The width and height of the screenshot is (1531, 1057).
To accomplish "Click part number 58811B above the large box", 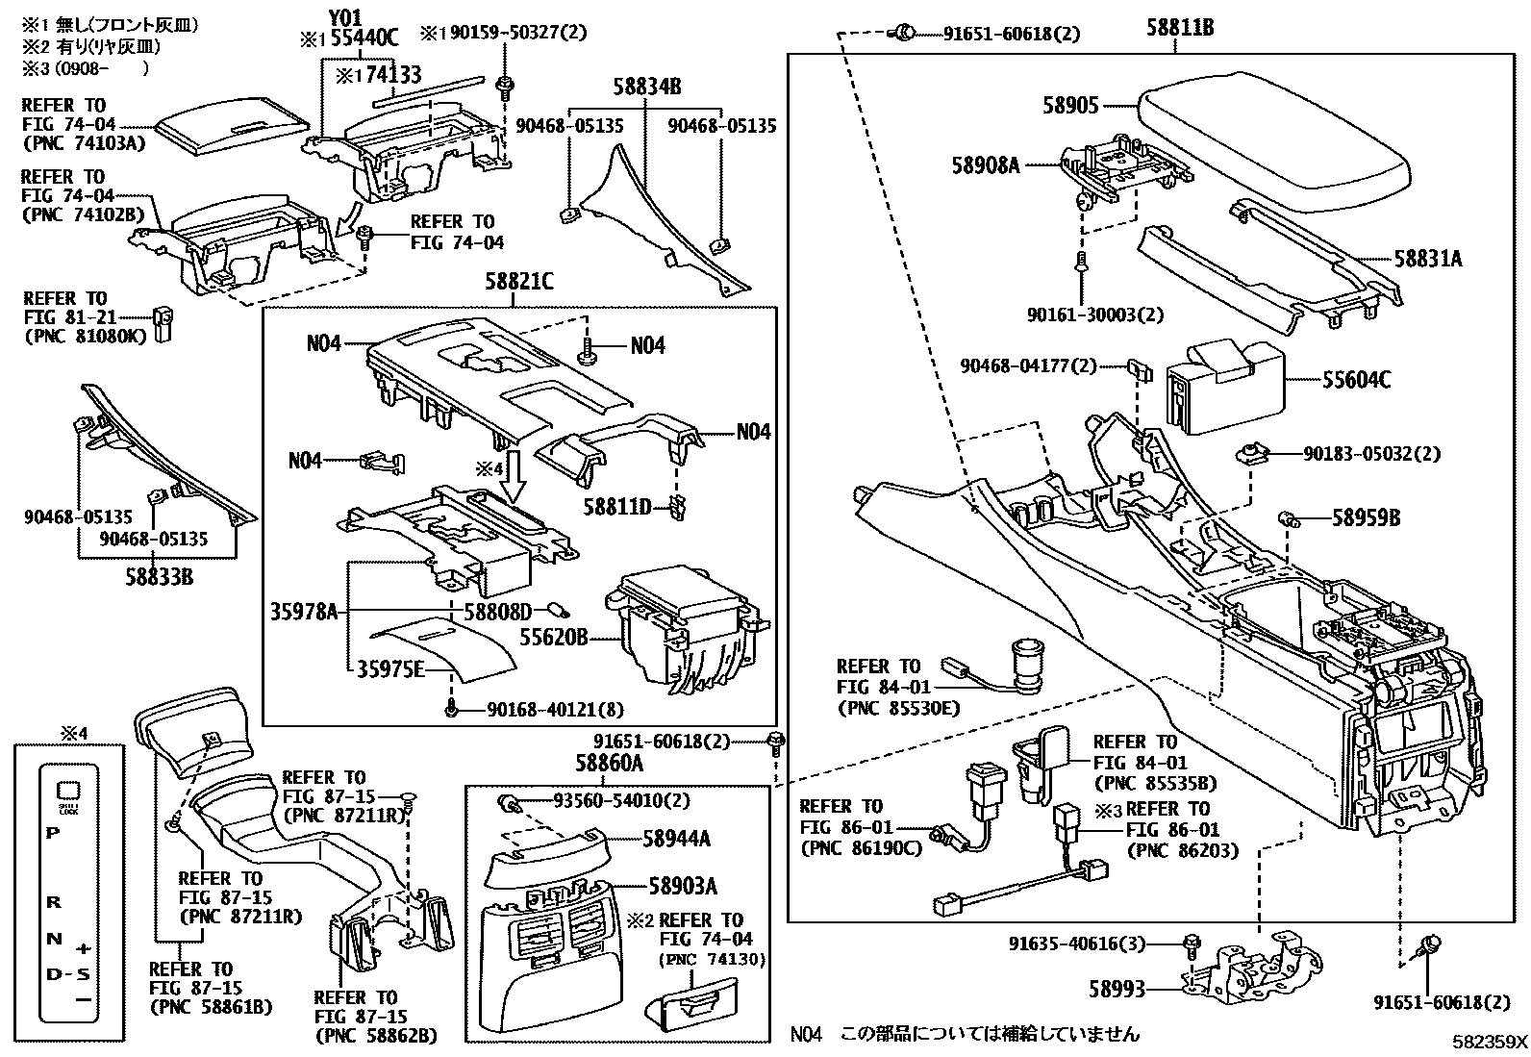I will (1179, 29).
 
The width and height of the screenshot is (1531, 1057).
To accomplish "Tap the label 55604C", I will (1356, 381).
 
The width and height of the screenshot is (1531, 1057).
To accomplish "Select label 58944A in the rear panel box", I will (678, 840).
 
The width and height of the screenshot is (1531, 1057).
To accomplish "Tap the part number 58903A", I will (682, 886).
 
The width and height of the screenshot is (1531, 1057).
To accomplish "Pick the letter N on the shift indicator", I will (55, 939).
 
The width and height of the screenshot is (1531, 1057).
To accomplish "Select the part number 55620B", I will (553, 638).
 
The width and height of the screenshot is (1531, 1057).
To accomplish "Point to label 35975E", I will (390, 669).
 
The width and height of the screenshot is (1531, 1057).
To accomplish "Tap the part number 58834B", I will (646, 88).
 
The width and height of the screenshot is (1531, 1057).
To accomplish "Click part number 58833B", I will (159, 577).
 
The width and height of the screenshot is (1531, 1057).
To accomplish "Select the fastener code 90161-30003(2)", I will (1094, 315).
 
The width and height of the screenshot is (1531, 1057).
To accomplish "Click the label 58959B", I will (1366, 518).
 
